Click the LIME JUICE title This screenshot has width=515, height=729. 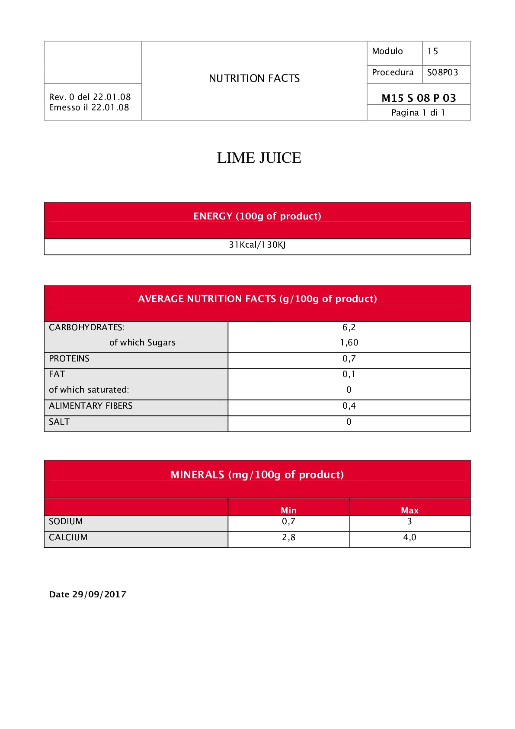(x=259, y=158)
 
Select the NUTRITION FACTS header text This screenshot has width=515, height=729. (x=254, y=78)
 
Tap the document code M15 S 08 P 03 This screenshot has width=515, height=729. (x=419, y=98)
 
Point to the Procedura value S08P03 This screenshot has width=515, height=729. (x=442, y=72)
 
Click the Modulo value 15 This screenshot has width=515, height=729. (x=433, y=51)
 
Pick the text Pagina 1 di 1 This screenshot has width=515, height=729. (x=418, y=113)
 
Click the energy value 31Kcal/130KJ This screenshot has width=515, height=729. (x=257, y=245)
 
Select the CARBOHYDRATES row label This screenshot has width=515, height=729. (x=86, y=327)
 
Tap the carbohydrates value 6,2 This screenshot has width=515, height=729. (x=349, y=327)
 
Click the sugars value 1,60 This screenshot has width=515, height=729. (x=349, y=342)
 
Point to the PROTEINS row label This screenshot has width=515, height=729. (x=69, y=358)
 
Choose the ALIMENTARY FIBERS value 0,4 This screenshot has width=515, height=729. (x=349, y=406)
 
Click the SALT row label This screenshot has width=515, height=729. (x=59, y=422)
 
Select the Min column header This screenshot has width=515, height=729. (x=288, y=510)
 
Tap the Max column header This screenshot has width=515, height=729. (x=409, y=510)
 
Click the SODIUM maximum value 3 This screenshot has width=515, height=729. (x=409, y=521)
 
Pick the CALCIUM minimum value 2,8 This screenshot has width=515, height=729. (x=288, y=537)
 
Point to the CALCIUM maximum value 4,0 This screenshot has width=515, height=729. (x=409, y=537)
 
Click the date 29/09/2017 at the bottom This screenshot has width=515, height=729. (x=99, y=594)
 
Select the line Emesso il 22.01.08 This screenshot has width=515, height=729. (x=89, y=107)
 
